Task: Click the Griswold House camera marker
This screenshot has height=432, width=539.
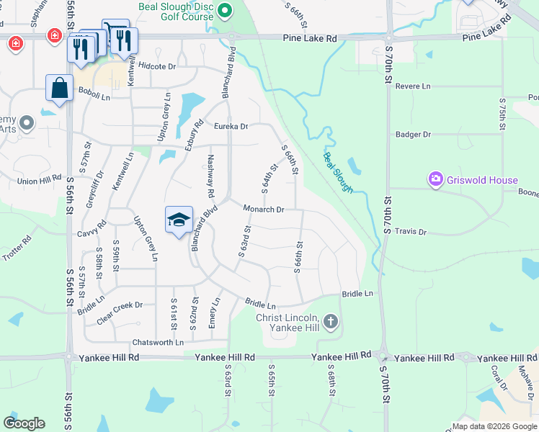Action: (435, 179)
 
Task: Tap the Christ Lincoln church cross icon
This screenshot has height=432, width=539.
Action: (331, 321)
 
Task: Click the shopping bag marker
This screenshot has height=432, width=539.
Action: (59, 89)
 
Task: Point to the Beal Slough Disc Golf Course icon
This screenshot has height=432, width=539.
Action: (225, 11)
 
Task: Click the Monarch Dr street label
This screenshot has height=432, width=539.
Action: (264, 210)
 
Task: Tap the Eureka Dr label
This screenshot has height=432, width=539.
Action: (231, 126)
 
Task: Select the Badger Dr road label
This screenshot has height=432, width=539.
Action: (413, 134)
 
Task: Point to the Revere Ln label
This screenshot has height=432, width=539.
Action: (413, 86)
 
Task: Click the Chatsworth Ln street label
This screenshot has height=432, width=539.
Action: (158, 342)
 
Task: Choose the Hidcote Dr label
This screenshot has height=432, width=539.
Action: (157, 66)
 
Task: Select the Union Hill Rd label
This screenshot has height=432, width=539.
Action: (40, 181)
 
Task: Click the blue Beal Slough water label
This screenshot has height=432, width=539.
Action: (338, 172)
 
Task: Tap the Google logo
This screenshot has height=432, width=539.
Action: (24, 423)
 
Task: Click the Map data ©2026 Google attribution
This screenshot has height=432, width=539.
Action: (494, 426)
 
